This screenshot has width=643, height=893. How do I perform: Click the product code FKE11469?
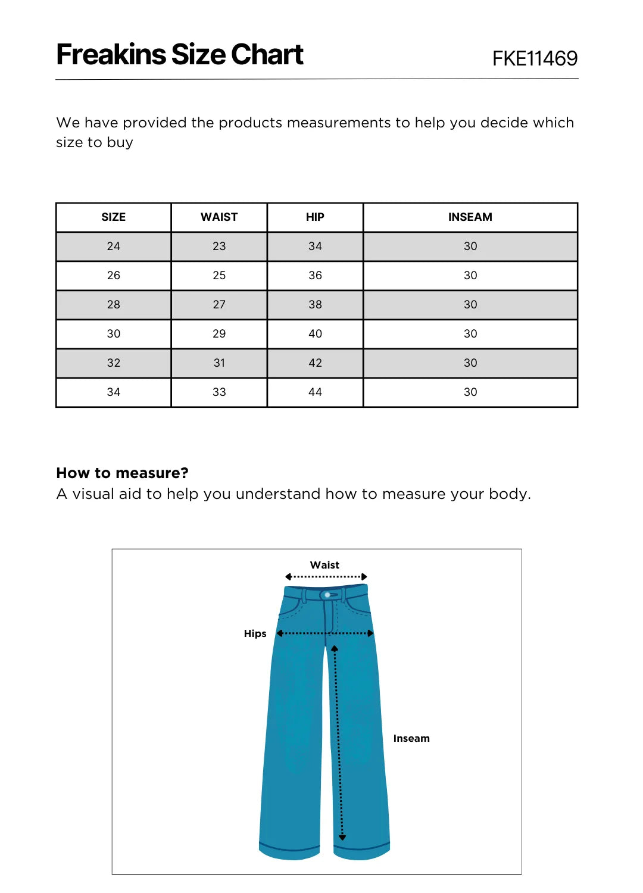pos(535,58)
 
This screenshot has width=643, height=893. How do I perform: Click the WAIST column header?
pos(219,217)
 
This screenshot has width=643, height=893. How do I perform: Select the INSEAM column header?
pos(470,217)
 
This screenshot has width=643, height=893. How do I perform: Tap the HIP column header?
pos(315,217)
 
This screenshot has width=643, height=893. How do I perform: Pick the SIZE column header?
pos(113,217)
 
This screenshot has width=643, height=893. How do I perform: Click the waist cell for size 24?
pos(219,246)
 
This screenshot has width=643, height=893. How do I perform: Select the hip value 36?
pos(315,276)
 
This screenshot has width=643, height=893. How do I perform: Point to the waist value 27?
pos(219,305)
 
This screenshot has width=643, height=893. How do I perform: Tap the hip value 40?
pos(315,334)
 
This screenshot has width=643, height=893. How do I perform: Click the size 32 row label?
pos(113,363)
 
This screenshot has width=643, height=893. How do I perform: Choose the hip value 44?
pos(315,392)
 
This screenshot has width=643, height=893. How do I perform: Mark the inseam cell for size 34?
pos(470,392)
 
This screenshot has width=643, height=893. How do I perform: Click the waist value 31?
pos(219,363)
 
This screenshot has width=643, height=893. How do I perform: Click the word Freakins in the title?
pos(111,55)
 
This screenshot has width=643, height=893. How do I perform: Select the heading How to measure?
pos(122,473)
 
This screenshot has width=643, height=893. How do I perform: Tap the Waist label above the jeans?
pos(324,565)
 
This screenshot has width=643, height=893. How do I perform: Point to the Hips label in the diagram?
pos(255,633)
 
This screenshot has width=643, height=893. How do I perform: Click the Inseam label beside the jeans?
pos(411,738)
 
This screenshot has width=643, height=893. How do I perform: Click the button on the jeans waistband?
pos(327,595)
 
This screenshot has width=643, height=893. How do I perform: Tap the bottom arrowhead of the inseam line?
pos(342,838)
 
